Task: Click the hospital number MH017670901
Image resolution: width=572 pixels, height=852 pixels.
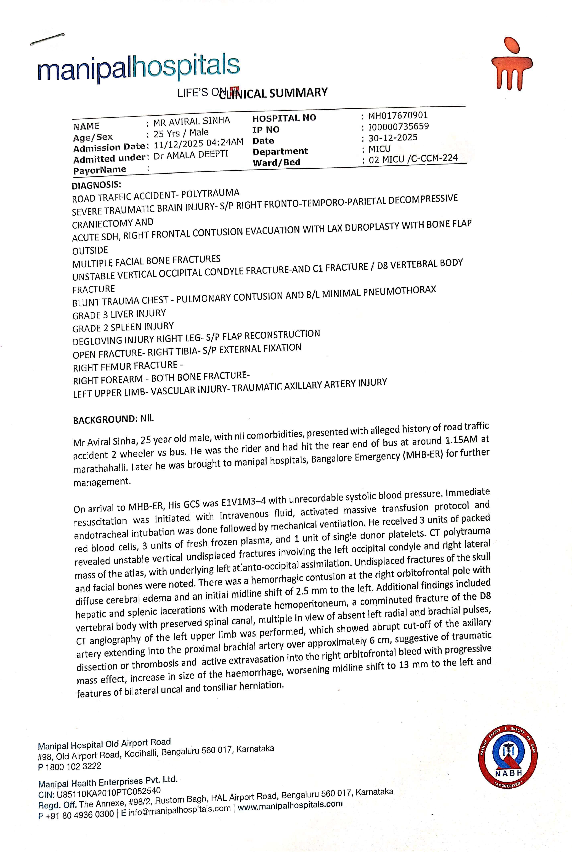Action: click(x=398, y=116)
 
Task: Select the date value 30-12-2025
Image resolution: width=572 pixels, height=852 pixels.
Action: click(x=393, y=138)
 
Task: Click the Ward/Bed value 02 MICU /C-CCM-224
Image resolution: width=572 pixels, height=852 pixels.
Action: click(x=413, y=159)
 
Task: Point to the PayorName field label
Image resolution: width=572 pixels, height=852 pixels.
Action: click(x=100, y=170)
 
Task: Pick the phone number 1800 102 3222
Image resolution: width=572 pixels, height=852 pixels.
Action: click(x=73, y=766)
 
